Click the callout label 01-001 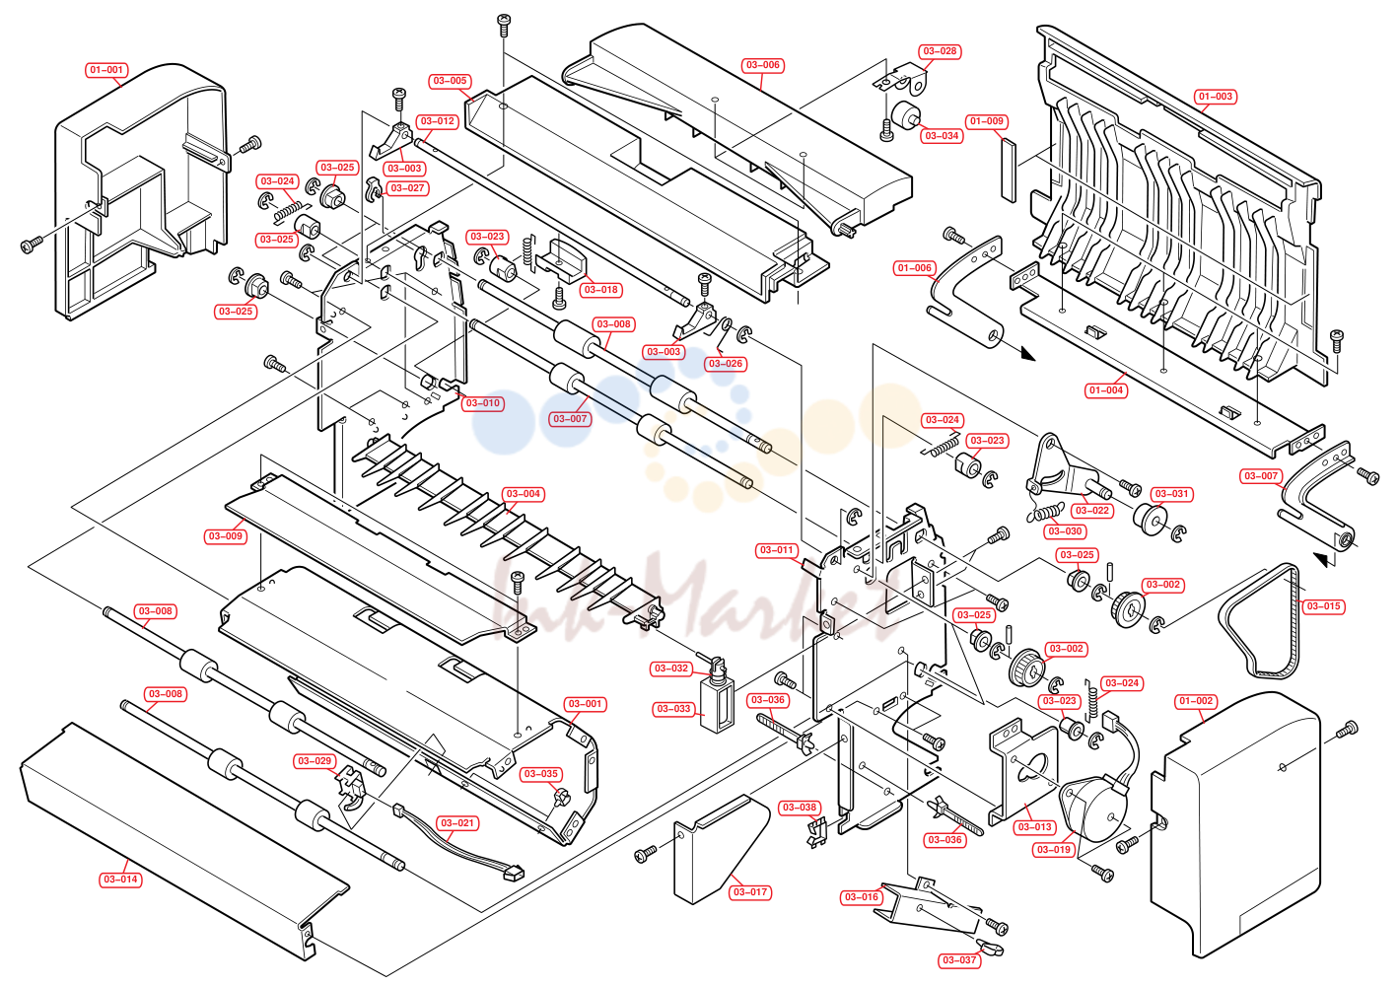pos(106,70)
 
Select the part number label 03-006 pos(762,65)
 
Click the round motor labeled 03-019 pos(1092,808)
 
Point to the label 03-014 pos(120,880)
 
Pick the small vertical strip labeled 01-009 pos(1010,170)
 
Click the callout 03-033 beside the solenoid pos(673,709)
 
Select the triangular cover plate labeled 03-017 pos(722,847)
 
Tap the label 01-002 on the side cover pos(1195,701)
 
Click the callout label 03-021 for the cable pos(457,823)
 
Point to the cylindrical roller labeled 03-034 pos(905,114)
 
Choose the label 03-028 pos(940,51)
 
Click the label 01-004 pos(1106,390)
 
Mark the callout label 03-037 pos(959,959)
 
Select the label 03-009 pos(226,535)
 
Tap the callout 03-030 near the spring pos(1064,531)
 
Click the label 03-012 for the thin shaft pos(437,121)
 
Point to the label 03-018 pos(600,290)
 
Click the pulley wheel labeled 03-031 pos(1151,519)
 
